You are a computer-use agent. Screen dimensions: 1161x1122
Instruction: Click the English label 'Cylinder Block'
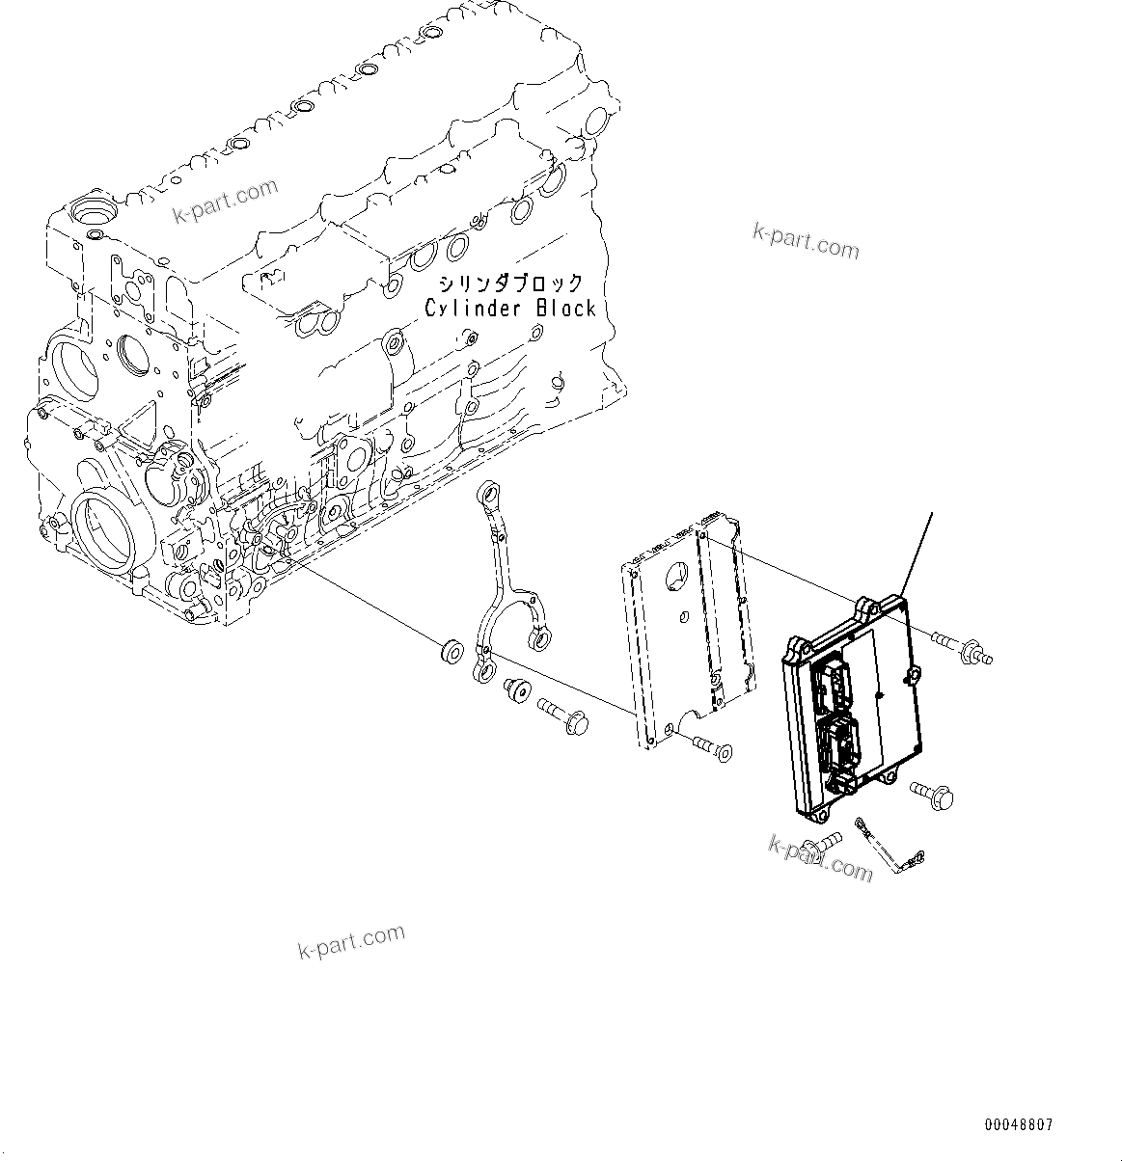pos(510,309)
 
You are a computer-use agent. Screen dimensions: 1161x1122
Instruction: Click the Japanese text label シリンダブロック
pos(510,283)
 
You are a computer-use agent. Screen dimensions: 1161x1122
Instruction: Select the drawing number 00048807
pos(1019,1125)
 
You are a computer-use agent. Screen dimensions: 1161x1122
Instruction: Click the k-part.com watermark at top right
pos(806,241)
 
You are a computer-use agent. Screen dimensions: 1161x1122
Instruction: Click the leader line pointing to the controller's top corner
pos(918,552)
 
